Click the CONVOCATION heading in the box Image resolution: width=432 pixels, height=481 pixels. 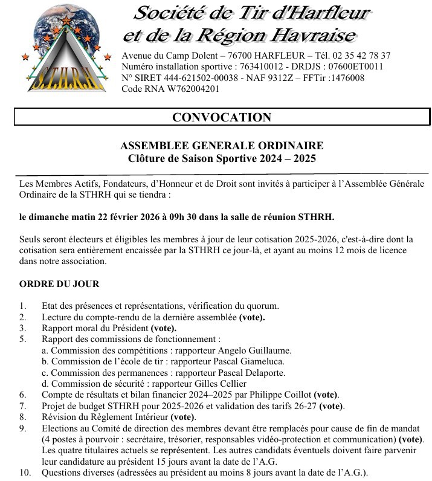tap(222, 117)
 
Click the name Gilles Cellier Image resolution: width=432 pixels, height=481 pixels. tap(223, 383)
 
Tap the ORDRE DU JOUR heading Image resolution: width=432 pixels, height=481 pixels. tap(59, 284)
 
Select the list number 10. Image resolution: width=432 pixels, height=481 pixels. tap(25, 472)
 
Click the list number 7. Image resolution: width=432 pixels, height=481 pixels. tap(22, 405)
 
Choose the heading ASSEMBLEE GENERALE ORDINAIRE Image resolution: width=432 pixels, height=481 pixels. tap(222, 146)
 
